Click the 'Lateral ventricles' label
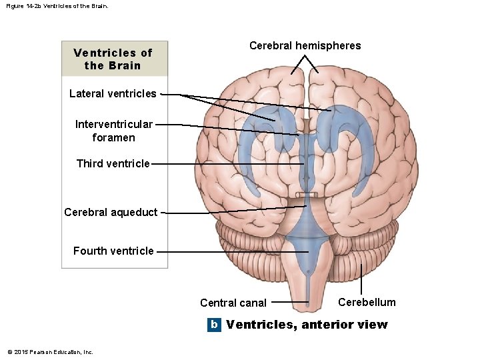point(113,94)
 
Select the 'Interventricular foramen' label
point(114,131)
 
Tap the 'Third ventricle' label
point(113,163)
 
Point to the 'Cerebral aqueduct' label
point(111,213)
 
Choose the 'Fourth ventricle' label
point(113,251)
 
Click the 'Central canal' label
point(233,303)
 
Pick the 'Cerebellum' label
point(367,302)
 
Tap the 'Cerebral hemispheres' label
point(305,46)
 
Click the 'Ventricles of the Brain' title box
point(113,59)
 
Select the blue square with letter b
point(213,325)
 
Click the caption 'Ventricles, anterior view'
point(307,325)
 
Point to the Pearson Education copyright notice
point(50,352)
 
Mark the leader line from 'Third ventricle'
point(227,163)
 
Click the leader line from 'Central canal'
point(290,302)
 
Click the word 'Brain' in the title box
point(126,65)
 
